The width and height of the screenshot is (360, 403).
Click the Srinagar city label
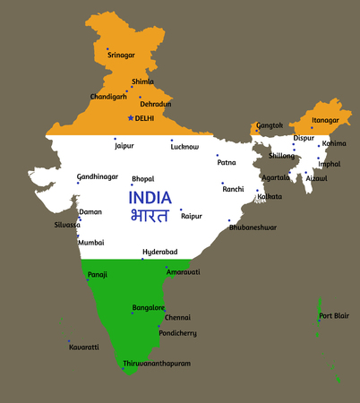(121, 55)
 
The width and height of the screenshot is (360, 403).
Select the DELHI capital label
(144, 117)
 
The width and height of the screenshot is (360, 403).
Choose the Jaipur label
(124, 145)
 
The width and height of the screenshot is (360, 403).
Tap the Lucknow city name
(184, 145)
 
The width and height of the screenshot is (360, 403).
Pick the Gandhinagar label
(97, 176)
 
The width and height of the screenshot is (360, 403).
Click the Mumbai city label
(91, 243)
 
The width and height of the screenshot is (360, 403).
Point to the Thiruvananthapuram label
(157, 364)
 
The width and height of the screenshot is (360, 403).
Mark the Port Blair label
(336, 315)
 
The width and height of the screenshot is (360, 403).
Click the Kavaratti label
(84, 347)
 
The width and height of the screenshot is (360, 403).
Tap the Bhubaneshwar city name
(253, 227)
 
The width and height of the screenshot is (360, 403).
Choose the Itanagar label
(325, 120)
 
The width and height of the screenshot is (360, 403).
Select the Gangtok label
(270, 125)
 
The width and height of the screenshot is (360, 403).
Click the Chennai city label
(177, 317)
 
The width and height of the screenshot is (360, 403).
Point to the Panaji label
(98, 274)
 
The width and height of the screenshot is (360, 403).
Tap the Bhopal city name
(142, 179)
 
